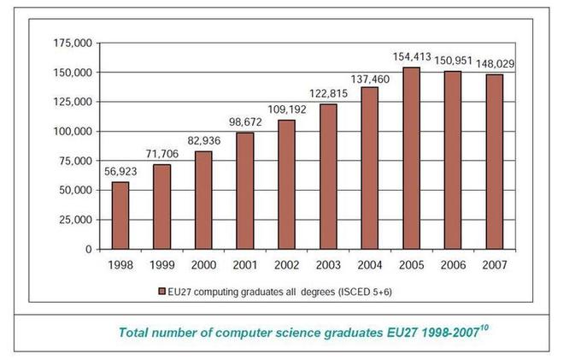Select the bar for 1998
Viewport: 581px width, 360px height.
[120, 215]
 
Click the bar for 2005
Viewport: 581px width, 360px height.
[412, 158]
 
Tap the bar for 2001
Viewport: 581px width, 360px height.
[245, 191]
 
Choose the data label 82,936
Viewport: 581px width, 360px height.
[204, 141]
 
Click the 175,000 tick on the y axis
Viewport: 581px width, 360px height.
[73, 44]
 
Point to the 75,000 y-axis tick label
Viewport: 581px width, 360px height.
[75, 161]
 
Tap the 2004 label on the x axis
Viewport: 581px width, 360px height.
[370, 265]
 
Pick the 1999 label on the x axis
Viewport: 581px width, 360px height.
[162, 265]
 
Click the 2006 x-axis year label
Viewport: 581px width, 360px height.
[454, 265]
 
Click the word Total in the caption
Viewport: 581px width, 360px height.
[136, 333]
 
